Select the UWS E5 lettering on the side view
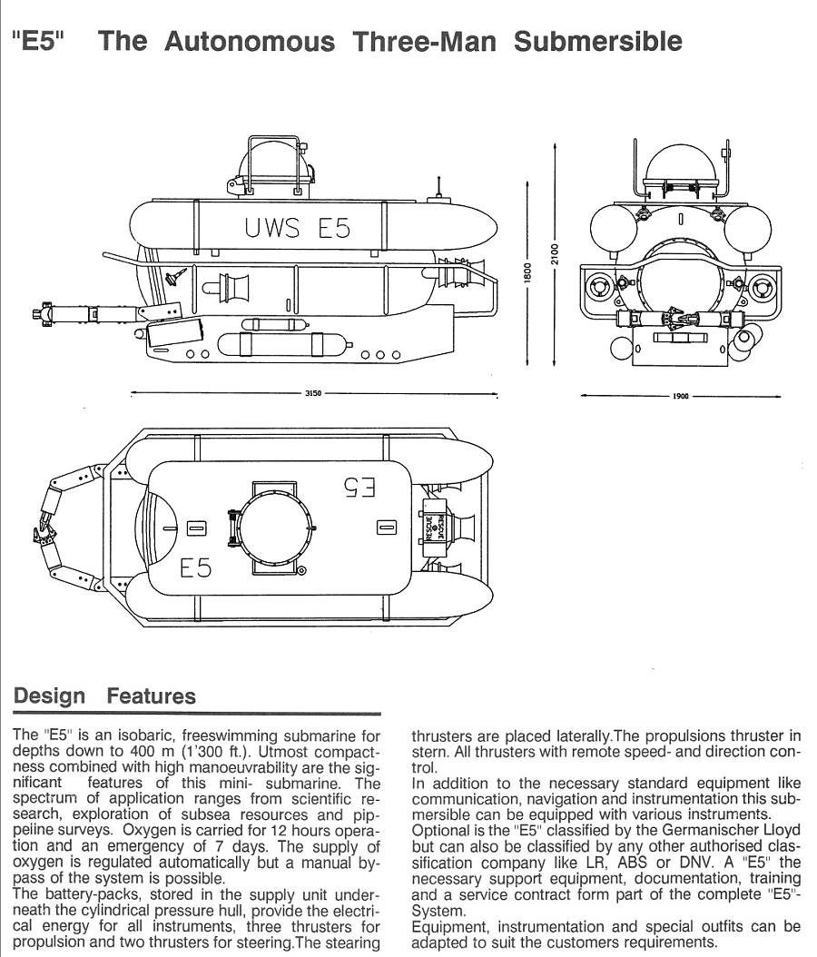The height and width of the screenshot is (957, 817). [297, 228]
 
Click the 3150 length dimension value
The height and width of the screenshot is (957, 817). [312, 395]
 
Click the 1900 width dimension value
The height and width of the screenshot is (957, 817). [680, 397]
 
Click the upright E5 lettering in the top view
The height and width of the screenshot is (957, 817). [195, 568]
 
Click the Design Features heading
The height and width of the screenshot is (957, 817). [104, 697]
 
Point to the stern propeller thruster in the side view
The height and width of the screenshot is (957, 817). [460, 270]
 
